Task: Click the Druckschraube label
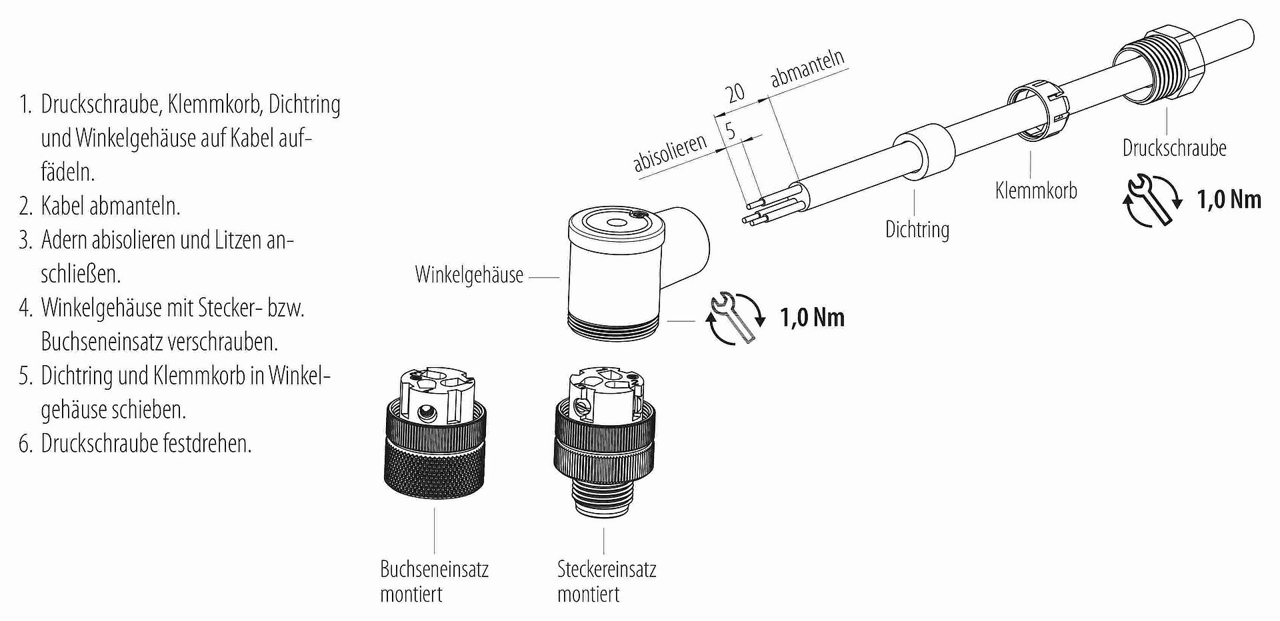(x=1174, y=148)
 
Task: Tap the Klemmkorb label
(x=1036, y=191)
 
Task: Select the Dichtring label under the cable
(x=917, y=229)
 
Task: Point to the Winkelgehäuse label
(x=469, y=275)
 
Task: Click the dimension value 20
(x=735, y=92)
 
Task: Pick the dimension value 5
(x=731, y=131)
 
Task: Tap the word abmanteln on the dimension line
(x=807, y=68)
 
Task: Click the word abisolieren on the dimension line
(x=669, y=153)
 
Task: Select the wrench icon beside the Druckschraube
(x=1153, y=200)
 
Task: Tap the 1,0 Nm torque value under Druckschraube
(x=1229, y=199)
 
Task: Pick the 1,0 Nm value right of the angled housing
(x=812, y=317)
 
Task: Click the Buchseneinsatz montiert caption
(x=434, y=582)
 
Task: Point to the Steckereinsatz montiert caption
(x=607, y=582)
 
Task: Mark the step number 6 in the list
(x=25, y=444)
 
